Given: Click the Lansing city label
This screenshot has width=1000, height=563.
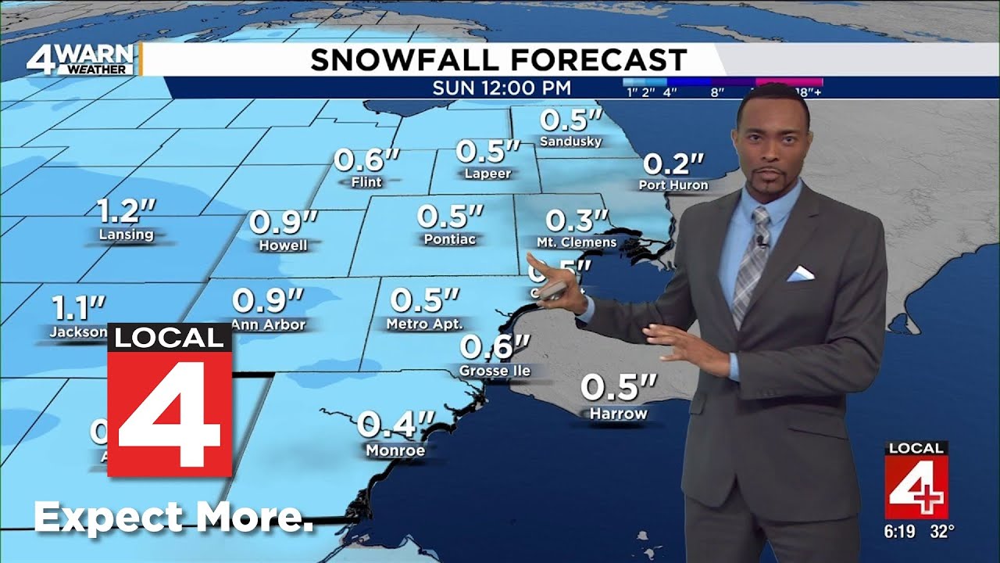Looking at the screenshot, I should [127, 234].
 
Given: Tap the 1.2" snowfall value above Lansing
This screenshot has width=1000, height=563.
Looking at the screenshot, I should [127, 211].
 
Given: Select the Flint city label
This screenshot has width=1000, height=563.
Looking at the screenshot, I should [366, 182].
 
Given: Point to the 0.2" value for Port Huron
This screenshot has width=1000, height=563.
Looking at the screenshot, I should [673, 165].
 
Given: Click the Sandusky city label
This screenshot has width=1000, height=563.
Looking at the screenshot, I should [571, 142].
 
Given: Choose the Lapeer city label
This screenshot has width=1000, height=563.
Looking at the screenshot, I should [487, 174].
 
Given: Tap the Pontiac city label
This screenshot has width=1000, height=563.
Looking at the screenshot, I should [450, 239].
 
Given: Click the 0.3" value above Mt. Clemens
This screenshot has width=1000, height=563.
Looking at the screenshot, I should [577, 221].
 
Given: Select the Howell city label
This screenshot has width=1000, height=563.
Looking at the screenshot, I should [283, 245].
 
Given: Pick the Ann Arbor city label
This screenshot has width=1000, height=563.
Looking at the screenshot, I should [268, 324].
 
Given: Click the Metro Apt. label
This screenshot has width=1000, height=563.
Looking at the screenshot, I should [425, 323].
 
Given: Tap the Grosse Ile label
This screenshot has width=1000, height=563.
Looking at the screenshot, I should [495, 370].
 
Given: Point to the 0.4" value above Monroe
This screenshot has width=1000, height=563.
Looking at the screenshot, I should [395, 425].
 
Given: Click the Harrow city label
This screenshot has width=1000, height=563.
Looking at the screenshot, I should [618, 413].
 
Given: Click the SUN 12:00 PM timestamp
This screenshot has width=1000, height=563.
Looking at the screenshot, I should [502, 88].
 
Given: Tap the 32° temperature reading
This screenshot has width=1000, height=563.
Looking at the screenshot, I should [942, 532].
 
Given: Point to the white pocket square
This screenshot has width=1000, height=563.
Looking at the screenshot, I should [800, 273].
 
